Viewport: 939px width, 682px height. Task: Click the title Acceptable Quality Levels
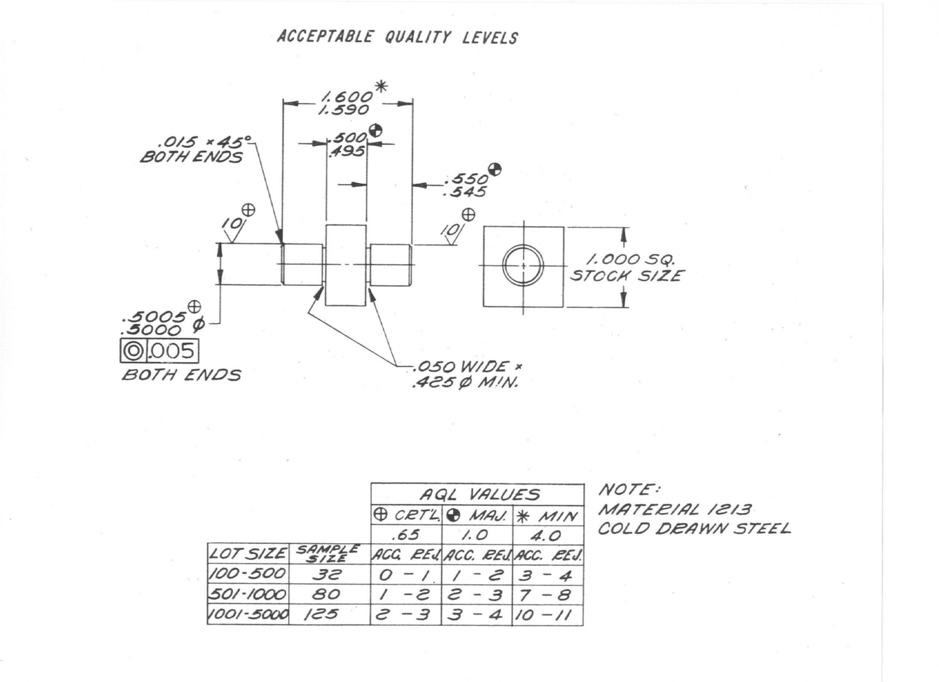[398, 37]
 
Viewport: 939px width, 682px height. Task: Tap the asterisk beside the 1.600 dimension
[380, 87]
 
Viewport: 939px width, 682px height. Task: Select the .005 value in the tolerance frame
[171, 351]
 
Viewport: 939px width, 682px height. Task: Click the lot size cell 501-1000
[248, 595]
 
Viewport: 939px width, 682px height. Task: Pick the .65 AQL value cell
[406, 535]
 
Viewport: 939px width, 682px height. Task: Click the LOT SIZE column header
[248, 554]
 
